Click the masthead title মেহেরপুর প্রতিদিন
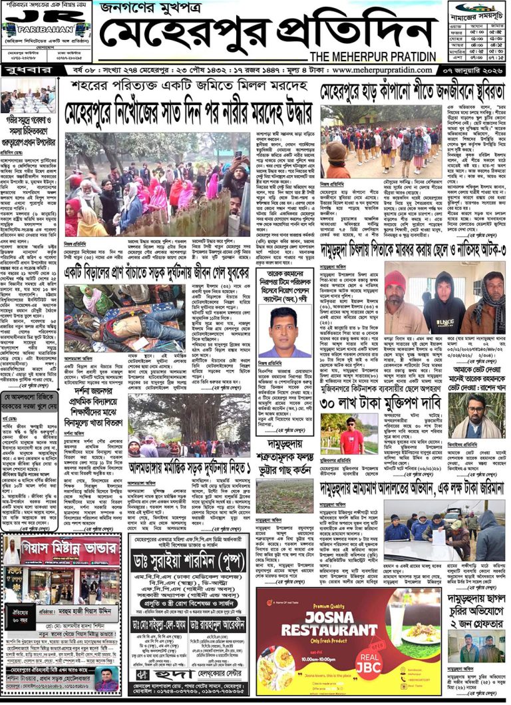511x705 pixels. (263, 35)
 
